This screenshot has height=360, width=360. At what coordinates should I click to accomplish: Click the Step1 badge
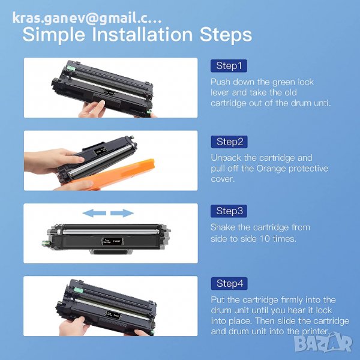pyautogui.click(x=229, y=66)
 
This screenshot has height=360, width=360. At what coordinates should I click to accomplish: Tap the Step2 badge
pyautogui.click(x=229, y=142)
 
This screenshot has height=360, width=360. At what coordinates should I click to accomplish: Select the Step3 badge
pyautogui.click(x=229, y=211)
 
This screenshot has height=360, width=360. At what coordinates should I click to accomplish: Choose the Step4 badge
pyautogui.click(x=229, y=284)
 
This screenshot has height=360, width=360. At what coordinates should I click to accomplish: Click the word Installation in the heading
pyautogui.click(x=142, y=34)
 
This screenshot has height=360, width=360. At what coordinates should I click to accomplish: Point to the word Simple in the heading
pyautogui.click(x=54, y=35)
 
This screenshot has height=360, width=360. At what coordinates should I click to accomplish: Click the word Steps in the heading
pyautogui.click(x=226, y=35)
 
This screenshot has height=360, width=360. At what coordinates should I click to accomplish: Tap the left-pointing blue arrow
pyautogui.click(x=94, y=213)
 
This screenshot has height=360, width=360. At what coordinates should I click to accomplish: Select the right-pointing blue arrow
pyautogui.click(x=122, y=213)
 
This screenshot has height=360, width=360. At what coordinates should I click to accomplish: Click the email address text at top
pyautogui.click(x=87, y=18)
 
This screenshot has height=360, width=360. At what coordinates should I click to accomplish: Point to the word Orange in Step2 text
pyautogui.click(x=271, y=169)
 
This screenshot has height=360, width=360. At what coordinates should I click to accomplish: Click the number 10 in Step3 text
pyautogui.click(x=265, y=239)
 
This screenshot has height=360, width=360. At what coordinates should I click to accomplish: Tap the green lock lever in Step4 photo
pyautogui.click(x=78, y=290)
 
